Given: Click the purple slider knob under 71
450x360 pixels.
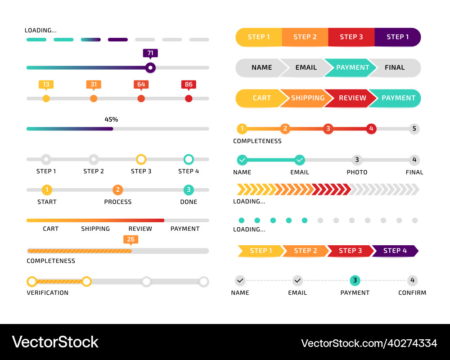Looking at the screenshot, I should [150, 68].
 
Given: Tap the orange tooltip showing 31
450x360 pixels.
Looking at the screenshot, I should [94, 84].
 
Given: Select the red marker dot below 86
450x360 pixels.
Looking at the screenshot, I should [189, 98].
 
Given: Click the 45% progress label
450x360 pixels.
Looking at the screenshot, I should [111, 120].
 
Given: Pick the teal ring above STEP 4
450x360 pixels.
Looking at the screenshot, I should [189, 159].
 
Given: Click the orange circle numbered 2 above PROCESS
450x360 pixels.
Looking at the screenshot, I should [117, 190].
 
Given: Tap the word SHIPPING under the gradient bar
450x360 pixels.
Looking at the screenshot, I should [95, 229].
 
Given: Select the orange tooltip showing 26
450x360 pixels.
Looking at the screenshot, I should [130, 239].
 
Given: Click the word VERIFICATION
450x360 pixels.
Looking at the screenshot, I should [48, 292].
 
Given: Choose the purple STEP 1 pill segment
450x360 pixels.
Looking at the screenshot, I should [397, 37].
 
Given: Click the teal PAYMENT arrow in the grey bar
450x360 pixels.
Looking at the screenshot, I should [352, 67].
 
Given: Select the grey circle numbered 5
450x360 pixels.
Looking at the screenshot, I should [414, 129].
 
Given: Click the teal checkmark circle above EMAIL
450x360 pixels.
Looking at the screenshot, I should [299, 160].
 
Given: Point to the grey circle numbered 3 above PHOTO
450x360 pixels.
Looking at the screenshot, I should [357, 160].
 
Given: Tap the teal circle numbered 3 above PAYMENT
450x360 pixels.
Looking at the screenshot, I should [355, 281].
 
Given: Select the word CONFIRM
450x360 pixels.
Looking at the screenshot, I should [412, 292].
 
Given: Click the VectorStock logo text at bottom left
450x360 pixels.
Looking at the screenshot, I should [55, 342].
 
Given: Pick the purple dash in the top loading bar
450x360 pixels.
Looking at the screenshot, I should [118, 40].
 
